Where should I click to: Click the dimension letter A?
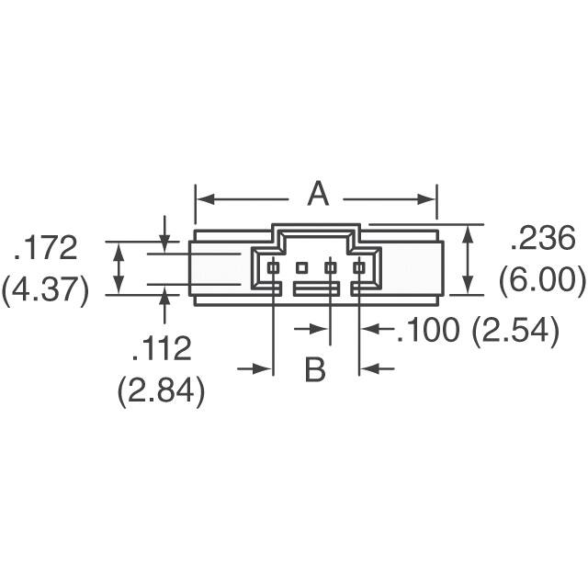[318, 194]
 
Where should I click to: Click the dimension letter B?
[315, 369]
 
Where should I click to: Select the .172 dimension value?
[46, 247]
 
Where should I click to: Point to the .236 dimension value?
[543, 238]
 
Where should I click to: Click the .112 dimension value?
[162, 348]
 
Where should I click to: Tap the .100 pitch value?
[428, 330]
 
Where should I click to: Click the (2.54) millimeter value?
[514, 330]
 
